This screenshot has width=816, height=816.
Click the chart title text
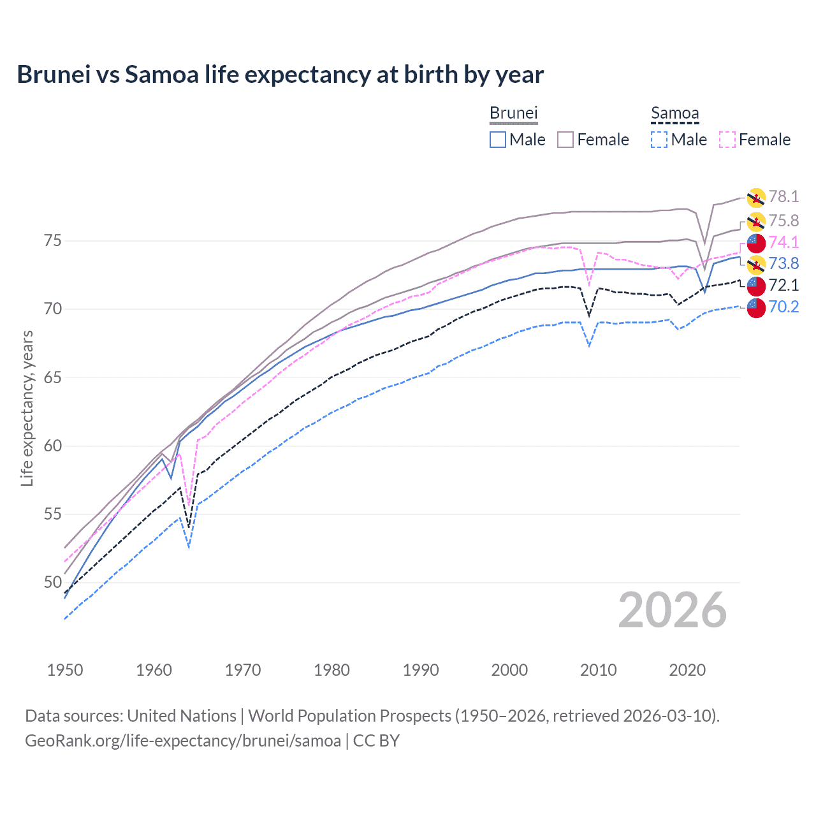(280, 75)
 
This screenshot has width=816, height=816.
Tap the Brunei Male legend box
(498, 140)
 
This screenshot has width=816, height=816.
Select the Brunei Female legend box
(565, 140)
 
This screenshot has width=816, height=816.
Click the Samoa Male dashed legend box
(659, 140)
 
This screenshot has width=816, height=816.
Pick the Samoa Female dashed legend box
(727, 140)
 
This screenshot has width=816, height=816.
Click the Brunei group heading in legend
(514, 113)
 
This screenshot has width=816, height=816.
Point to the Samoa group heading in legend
(674, 113)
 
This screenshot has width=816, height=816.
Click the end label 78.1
(783, 197)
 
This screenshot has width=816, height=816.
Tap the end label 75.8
(783, 221)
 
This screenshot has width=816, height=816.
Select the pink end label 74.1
(783, 242)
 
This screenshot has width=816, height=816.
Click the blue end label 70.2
(783, 307)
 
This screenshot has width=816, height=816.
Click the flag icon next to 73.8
(756, 264)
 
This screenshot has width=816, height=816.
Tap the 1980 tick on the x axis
(331, 670)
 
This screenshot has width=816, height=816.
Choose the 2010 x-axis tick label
(598, 670)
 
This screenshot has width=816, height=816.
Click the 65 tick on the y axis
(53, 377)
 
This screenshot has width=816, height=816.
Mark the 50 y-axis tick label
(53, 582)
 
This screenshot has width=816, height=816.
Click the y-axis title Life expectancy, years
(27, 408)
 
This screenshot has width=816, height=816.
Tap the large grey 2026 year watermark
(672, 611)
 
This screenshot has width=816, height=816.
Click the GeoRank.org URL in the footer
(183, 741)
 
